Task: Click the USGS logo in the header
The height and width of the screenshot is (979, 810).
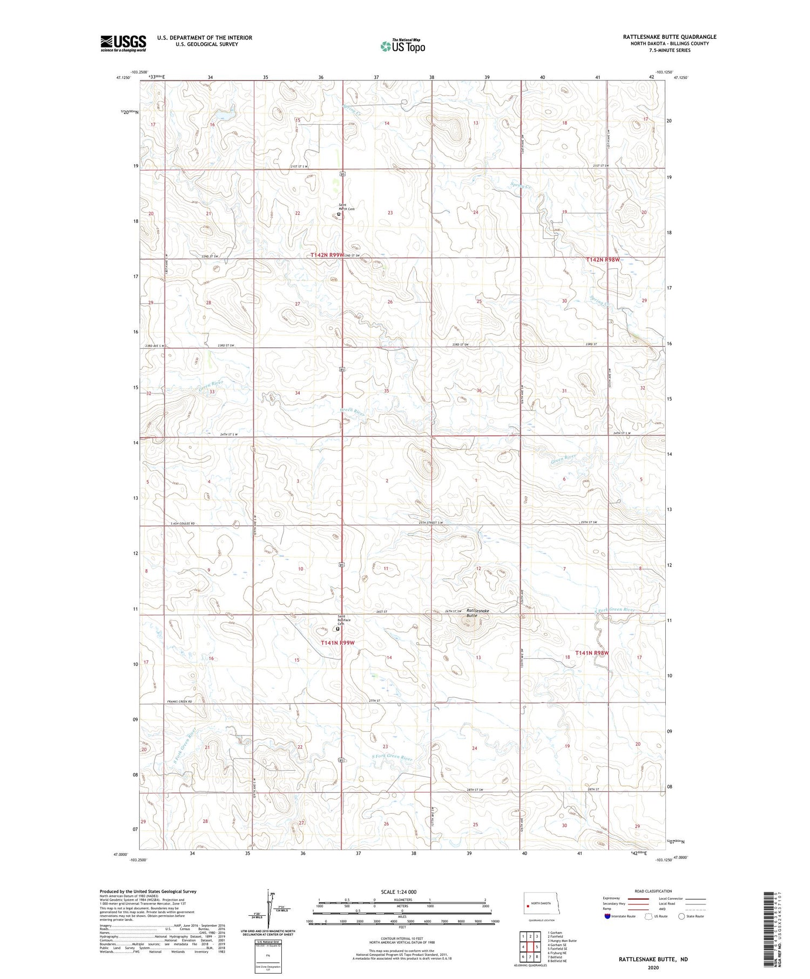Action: click(123, 43)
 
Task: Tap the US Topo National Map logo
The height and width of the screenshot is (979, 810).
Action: click(403, 45)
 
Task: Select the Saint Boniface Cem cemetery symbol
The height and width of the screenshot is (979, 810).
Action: click(338, 629)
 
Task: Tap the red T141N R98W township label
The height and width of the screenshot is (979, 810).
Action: click(592, 653)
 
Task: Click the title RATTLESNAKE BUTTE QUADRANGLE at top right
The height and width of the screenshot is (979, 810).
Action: click(670, 37)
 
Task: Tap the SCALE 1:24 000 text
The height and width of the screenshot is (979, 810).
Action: click(399, 892)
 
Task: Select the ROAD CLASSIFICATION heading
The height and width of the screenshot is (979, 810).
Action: click(653, 891)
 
